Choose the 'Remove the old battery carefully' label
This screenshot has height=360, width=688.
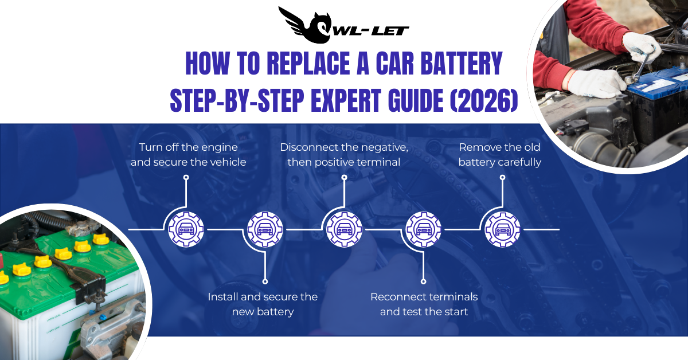[499, 154]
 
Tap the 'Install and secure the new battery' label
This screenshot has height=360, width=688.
[263, 304]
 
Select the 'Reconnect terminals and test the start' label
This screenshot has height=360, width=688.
[424, 304]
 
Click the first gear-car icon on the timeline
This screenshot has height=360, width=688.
[186, 229]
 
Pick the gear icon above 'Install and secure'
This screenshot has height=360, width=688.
[265, 229]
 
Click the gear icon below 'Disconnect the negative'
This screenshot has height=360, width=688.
[344, 229]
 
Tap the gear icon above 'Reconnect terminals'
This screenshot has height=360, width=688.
[424, 229]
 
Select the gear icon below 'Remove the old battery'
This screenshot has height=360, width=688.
[502, 229]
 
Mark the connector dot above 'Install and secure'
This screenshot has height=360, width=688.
[265, 281]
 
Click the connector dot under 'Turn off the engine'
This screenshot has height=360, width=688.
[186, 178]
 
